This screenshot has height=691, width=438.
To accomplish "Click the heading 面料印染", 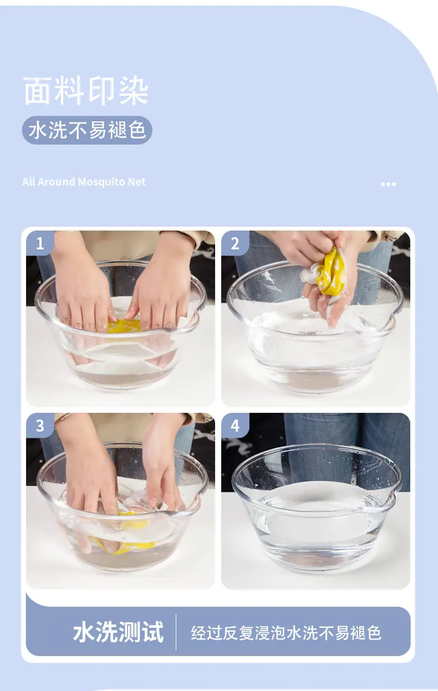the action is pos(86,91).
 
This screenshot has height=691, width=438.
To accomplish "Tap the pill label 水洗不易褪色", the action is pos(87,130).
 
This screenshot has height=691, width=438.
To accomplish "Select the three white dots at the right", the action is pos(388,185).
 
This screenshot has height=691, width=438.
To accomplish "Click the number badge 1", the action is pos(40,243).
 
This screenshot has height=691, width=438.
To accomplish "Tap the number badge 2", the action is pos(235,243).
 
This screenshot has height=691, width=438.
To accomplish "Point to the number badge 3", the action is pos(40,426).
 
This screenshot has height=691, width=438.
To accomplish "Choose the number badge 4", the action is pos(235,426).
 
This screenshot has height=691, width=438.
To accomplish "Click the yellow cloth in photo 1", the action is pos(124,326).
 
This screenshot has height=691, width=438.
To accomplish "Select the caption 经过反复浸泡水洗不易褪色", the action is pos(286,633).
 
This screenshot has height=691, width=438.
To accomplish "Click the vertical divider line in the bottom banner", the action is pos(176,632).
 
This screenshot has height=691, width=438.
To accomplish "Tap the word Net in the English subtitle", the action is pos(136,182).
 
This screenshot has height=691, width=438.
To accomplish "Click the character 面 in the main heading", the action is pos(37,91).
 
